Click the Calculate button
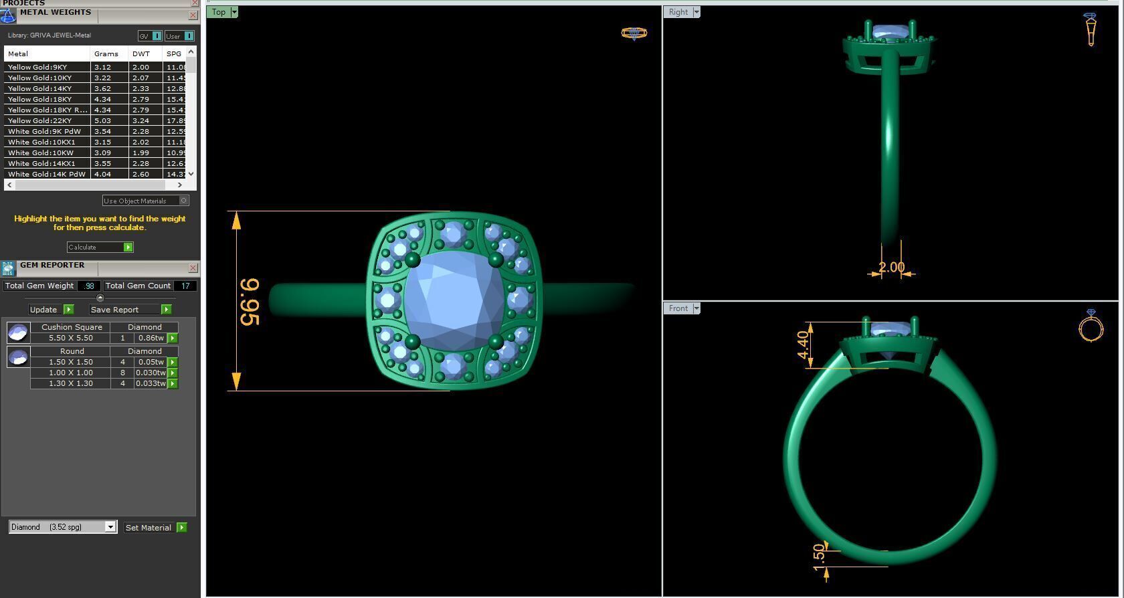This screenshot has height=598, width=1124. [x=100, y=247]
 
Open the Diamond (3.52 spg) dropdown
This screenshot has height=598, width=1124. [x=110, y=527]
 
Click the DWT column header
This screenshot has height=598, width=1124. [x=141, y=54]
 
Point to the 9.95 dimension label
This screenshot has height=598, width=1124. [x=249, y=302]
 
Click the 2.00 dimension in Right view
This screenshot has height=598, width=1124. [x=891, y=268]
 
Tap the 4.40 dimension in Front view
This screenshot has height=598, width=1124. [x=803, y=345]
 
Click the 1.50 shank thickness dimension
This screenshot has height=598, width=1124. [x=819, y=558]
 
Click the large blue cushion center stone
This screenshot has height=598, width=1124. [x=454, y=300]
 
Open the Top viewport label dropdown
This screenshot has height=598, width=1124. [x=233, y=12]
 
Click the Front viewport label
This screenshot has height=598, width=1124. [x=678, y=308]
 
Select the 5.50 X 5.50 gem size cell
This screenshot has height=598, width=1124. [x=70, y=338]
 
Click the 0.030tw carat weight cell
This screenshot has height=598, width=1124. [x=151, y=373]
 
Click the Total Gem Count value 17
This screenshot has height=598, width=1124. [x=185, y=286]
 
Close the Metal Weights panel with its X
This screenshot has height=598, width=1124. [x=193, y=15]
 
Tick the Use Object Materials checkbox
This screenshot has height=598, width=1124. [x=184, y=201]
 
